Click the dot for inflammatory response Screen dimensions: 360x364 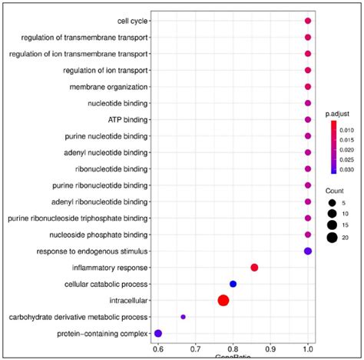tap(254, 268)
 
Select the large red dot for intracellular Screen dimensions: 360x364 tap(223, 301)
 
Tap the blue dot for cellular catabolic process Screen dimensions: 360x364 tap(233, 284)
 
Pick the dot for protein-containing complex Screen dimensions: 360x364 tap(158, 333)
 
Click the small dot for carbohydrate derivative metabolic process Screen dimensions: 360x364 tap(184, 317)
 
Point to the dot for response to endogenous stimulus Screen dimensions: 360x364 tap(308, 251)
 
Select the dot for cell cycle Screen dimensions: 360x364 tap(308, 22)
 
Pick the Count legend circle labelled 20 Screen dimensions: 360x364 tap(332, 238)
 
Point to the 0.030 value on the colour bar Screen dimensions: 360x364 tap(348, 168)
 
